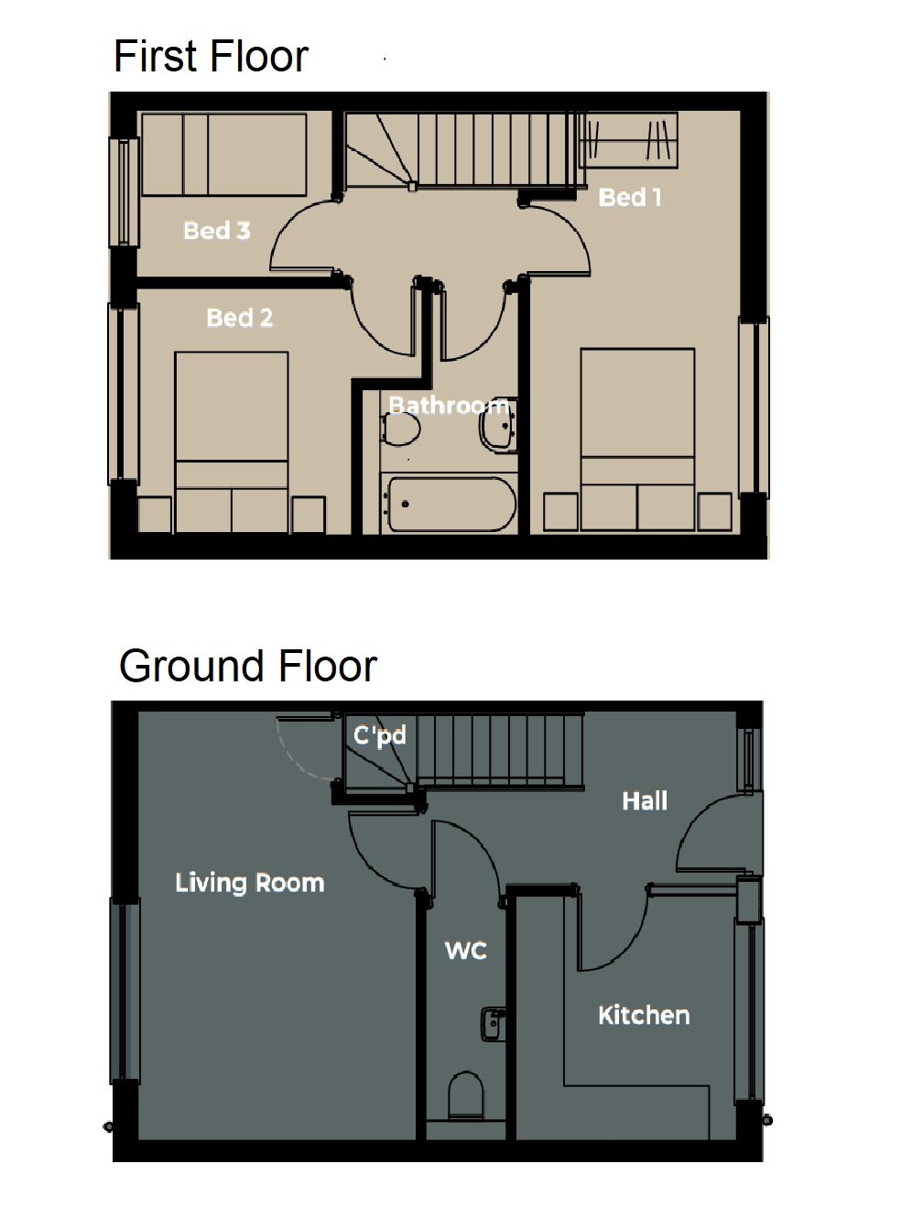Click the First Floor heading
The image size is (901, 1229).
pos(211,56)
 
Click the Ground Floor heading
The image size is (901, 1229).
pos(248,666)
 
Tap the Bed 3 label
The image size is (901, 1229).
pos(217,231)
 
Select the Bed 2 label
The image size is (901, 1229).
pos(240,318)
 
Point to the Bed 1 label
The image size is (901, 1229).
pos(630,198)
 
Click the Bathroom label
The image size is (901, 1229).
pos(449,406)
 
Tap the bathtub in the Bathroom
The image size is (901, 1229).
pos(452,505)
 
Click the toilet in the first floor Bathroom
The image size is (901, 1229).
pos(400,429)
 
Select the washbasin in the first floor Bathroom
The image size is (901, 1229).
pos(498,425)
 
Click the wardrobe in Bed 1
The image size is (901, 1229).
pos(629,140)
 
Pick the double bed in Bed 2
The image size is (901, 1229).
pos(232,442)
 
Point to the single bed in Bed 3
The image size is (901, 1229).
pos(224,154)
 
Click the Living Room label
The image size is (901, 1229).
pos(250,883)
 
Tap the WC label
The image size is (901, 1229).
pos(466,951)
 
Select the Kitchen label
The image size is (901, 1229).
pos(644,1016)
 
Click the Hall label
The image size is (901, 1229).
pos(645,801)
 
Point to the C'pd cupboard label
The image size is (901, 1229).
pos(380,735)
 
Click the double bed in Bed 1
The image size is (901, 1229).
pos(637,439)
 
